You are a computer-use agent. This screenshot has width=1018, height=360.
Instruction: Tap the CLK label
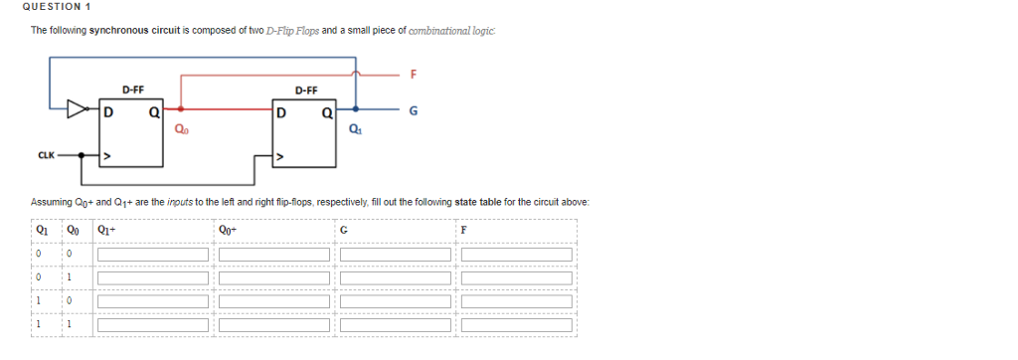45,155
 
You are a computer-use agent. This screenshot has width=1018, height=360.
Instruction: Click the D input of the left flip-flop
107,112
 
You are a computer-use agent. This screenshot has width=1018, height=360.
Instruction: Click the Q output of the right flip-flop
326,112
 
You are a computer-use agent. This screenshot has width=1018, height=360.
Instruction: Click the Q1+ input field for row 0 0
152,255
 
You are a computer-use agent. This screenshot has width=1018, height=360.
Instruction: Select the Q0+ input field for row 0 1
274,277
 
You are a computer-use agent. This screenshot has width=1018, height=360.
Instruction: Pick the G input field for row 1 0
396,300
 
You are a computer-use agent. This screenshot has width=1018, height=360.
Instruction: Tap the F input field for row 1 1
517,324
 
